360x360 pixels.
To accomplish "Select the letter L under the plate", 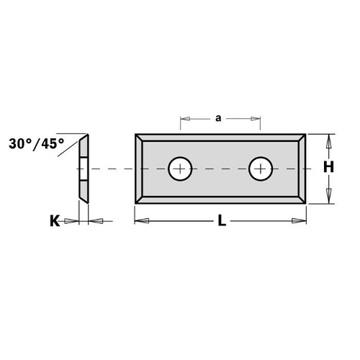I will [x=222, y=222].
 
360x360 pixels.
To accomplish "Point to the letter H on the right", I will [x=328, y=167].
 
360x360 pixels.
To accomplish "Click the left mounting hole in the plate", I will [x=179, y=169].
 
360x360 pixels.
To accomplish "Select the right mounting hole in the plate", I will [x=259, y=169].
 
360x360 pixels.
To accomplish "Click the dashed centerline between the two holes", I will [x=219, y=169].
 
